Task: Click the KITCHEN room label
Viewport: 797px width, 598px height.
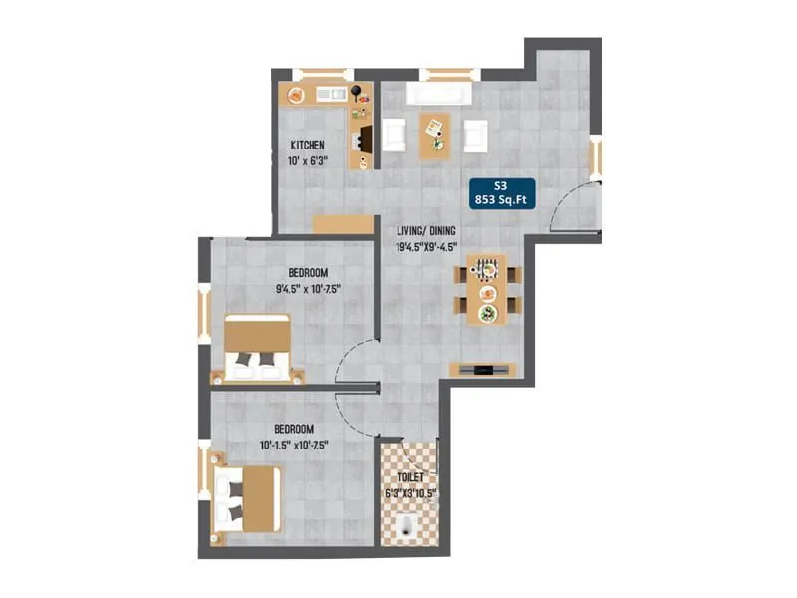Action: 307,146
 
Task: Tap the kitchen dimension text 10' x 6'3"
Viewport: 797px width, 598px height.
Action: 307,163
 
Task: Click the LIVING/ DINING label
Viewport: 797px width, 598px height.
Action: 426,229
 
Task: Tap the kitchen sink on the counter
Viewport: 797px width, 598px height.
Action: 330,95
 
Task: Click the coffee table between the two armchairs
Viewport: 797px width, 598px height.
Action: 434,135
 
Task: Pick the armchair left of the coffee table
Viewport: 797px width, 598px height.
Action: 395,135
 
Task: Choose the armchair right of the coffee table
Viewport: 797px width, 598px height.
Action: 474,135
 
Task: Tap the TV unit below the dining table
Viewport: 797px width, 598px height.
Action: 483,370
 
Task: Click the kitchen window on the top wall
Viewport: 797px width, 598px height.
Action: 320,72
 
